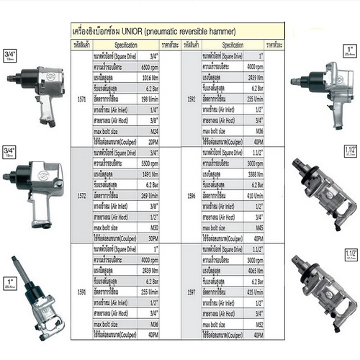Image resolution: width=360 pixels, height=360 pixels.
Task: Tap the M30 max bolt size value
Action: [153, 228]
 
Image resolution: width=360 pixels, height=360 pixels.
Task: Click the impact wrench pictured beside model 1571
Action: [34, 94]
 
